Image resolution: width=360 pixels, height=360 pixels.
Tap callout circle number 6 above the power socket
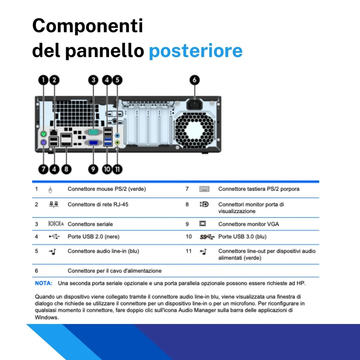194,80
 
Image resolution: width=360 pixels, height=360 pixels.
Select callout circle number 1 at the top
43,79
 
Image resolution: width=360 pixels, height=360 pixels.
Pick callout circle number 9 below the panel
93,169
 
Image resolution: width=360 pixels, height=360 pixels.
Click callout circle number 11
118,169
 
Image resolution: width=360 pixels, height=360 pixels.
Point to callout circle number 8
66,169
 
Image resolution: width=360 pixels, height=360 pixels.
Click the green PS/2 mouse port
43,134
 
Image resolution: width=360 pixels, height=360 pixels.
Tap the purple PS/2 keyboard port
43,143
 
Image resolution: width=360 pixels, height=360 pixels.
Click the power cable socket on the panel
194,104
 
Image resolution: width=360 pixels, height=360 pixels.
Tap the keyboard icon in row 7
204,189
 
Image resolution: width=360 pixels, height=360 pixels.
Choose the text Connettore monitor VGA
249,224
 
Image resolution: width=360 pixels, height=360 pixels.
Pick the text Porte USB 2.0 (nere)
93,237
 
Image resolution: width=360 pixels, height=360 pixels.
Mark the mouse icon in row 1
50,189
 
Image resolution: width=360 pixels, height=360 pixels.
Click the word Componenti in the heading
87,26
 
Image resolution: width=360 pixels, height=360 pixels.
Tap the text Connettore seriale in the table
90,224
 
